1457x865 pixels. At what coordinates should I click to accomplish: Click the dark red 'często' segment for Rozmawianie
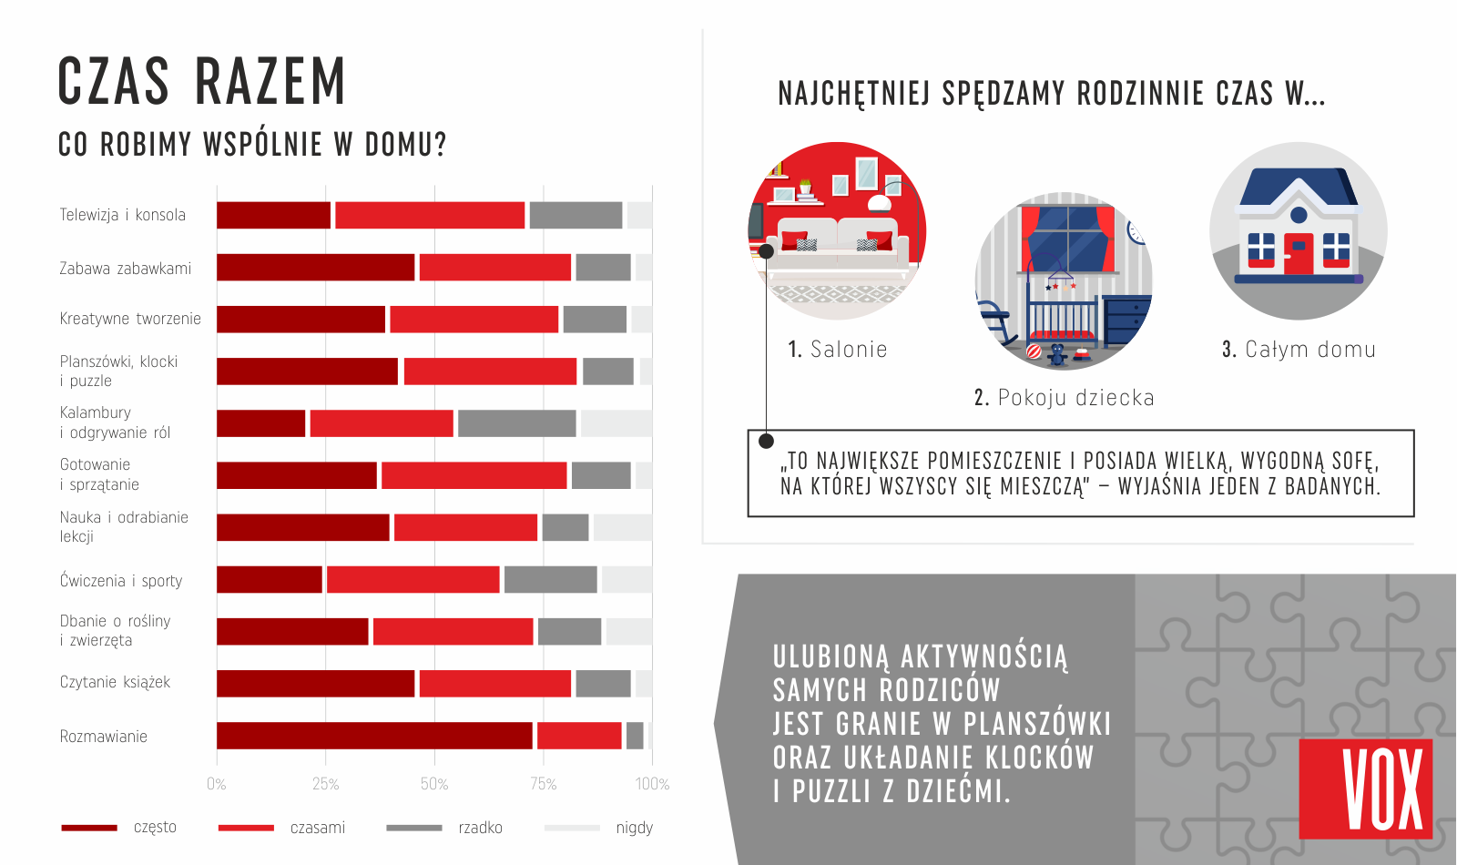(x=374, y=736)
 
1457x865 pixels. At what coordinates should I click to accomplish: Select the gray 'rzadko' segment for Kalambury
(x=516, y=423)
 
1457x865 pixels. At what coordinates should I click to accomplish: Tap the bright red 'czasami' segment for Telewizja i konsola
(x=430, y=215)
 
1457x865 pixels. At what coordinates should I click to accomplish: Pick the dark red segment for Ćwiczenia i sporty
(x=270, y=579)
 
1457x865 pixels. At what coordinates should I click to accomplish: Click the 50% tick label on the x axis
(x=434, y=784)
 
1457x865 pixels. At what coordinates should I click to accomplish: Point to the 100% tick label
(x=652, y=784)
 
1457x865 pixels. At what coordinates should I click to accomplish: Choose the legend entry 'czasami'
(x=317, y=828)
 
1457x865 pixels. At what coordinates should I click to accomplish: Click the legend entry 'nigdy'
(x=634, y=828)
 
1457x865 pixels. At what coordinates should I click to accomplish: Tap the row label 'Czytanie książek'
(x=115, y=682)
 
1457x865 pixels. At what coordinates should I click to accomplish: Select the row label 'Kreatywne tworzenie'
(x=130, y=319)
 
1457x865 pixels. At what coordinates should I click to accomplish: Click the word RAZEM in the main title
(x=270, y=82)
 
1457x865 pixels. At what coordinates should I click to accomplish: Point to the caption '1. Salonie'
(x=837, y=350)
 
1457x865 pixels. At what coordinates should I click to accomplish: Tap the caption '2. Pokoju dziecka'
(x=1064, y=398)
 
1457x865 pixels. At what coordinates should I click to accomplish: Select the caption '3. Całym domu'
(x=1299, y=350)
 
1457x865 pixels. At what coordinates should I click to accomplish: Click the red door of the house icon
(x=1299, y=254)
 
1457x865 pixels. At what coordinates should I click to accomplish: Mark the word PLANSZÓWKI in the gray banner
(x=1037, y=724)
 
